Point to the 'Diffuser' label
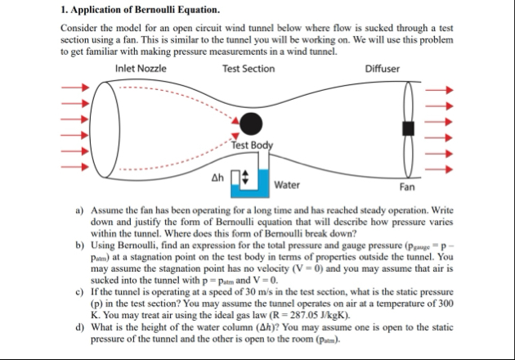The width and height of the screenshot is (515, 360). pyautogui.click(x=383, y=69)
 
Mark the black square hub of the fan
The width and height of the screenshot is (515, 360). pyautogui.click(x=407, y=128)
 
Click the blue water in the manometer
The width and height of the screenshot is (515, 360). pyautogui.click(x=245, y=190)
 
